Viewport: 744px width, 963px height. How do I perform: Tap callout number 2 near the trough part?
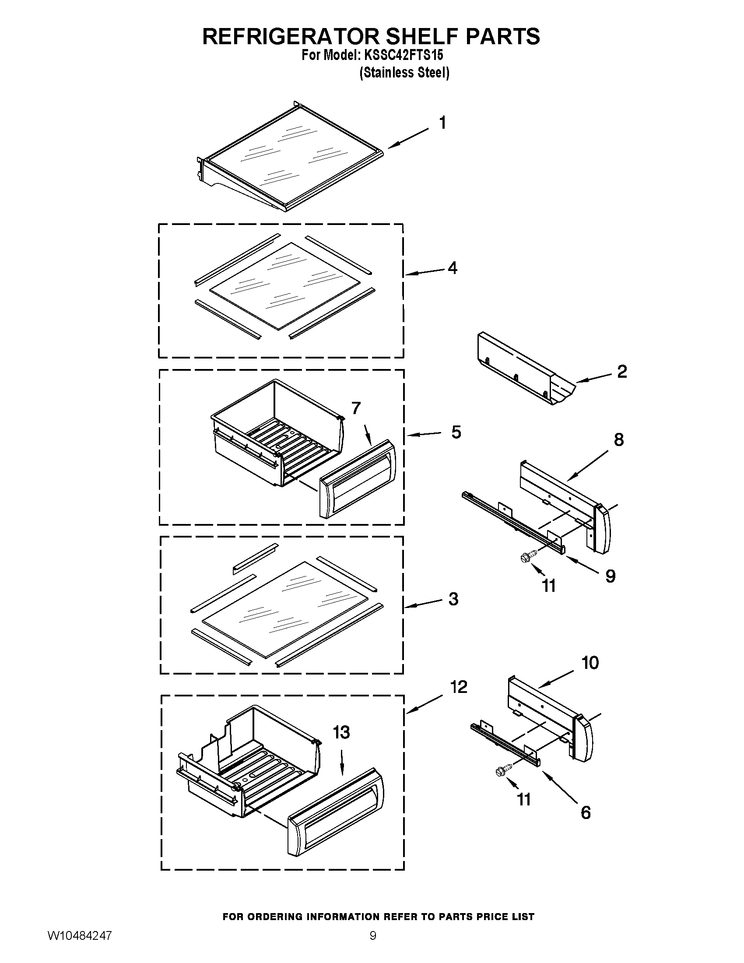pos(621,371)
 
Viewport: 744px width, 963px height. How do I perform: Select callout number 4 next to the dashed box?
pos(452,267)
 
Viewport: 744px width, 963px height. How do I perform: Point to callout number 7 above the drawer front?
pos(356,408)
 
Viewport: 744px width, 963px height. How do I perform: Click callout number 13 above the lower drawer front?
pos(341,732)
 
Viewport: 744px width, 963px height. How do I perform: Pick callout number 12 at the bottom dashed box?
pos(458,687)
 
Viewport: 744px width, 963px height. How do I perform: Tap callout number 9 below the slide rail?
pos(610,576)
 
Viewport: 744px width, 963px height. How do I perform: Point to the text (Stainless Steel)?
pos(404,73)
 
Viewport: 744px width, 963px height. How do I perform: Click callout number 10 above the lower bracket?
pos(590,662)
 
